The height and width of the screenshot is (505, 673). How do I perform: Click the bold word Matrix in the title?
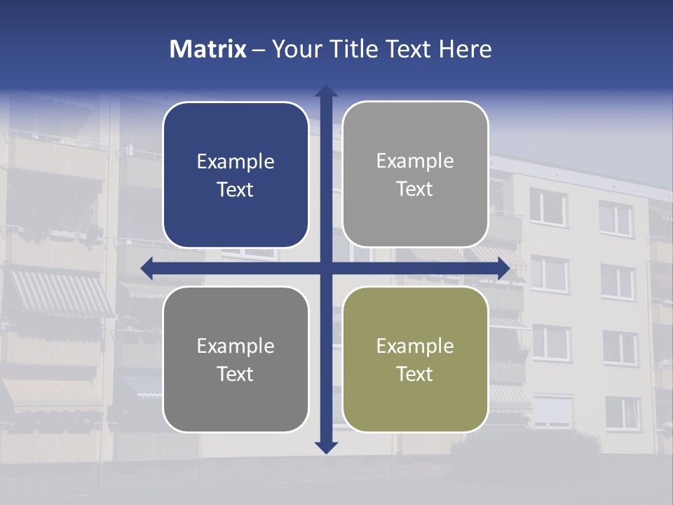tap(208, 49)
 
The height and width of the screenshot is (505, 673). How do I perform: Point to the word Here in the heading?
tap(465, 49)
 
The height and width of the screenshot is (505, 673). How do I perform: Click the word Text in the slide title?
tap(407, 49)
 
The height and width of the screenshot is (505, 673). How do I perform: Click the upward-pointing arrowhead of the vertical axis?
tap(326, 91)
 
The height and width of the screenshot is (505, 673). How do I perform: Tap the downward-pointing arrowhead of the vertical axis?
tap(326, 447)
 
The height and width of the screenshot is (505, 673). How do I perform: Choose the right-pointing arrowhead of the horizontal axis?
tap(503, 268)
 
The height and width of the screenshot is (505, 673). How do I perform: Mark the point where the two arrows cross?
tap(326, 268)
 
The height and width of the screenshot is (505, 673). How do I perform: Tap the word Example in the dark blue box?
tap(236, 162)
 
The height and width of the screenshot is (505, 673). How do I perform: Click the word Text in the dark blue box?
tap(236, 190)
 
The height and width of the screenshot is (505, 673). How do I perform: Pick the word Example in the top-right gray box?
tap(415, 161)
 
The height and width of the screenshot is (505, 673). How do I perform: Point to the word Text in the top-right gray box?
tap(415, 189)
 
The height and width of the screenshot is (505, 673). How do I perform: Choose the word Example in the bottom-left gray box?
tap(236, 346)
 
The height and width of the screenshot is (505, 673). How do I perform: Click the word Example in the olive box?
tap(415, 346)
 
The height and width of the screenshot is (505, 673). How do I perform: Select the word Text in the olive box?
tap(415, 375)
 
